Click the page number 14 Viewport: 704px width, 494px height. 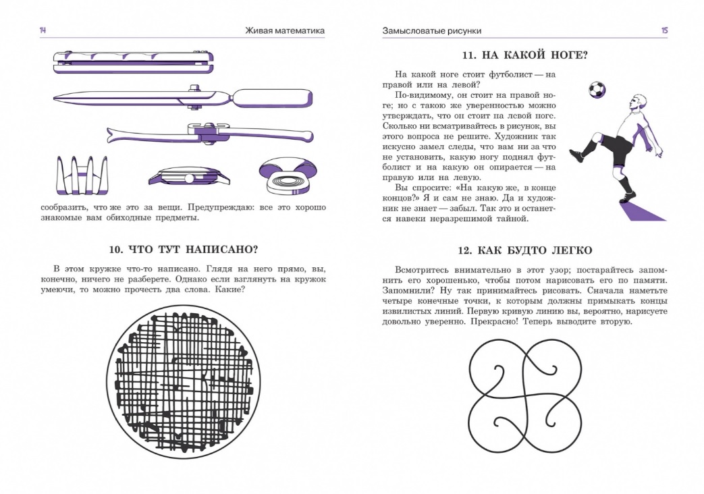point(43,30)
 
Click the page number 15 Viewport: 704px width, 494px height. point(664,30)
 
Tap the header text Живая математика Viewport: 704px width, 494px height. point(285,30)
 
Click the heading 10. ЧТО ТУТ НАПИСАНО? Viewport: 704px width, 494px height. point(184,248)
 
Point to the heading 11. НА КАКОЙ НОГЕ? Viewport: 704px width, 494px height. point(524,56)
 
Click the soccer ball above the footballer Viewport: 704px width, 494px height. point(597,89)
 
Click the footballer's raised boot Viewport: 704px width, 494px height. point(576,156)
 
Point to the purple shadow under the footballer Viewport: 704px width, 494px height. point(641,211)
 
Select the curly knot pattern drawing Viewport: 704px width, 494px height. point(524,391)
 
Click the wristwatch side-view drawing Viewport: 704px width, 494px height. point(189,176)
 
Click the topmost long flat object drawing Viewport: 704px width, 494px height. point(134,62)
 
